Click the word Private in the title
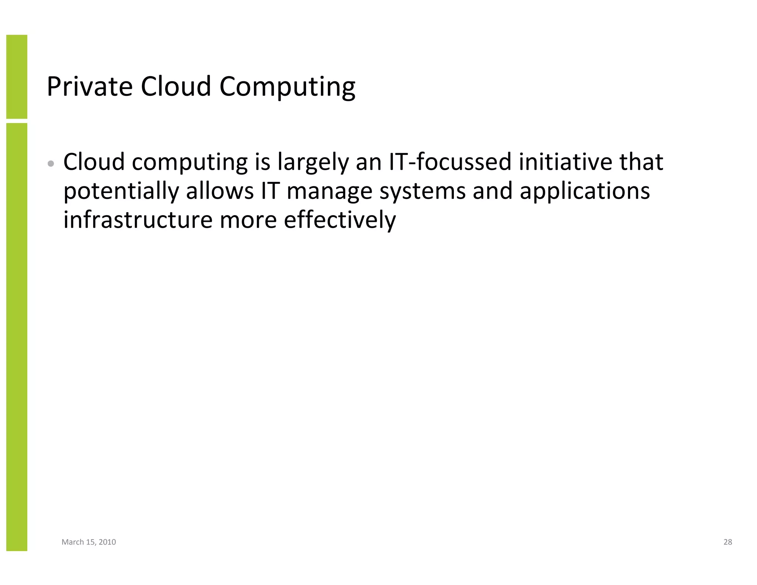click(89, 86)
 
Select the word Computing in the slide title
click(287, 87)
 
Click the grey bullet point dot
click(51, 163)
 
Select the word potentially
click(121, 191)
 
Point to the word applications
click(585, 192)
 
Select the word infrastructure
click(138, 220)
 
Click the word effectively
click(340, 220)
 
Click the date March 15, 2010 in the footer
click(89, 542)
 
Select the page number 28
click(727, 542)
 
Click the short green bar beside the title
click(17, 77)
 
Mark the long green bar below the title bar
click(17, 337)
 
